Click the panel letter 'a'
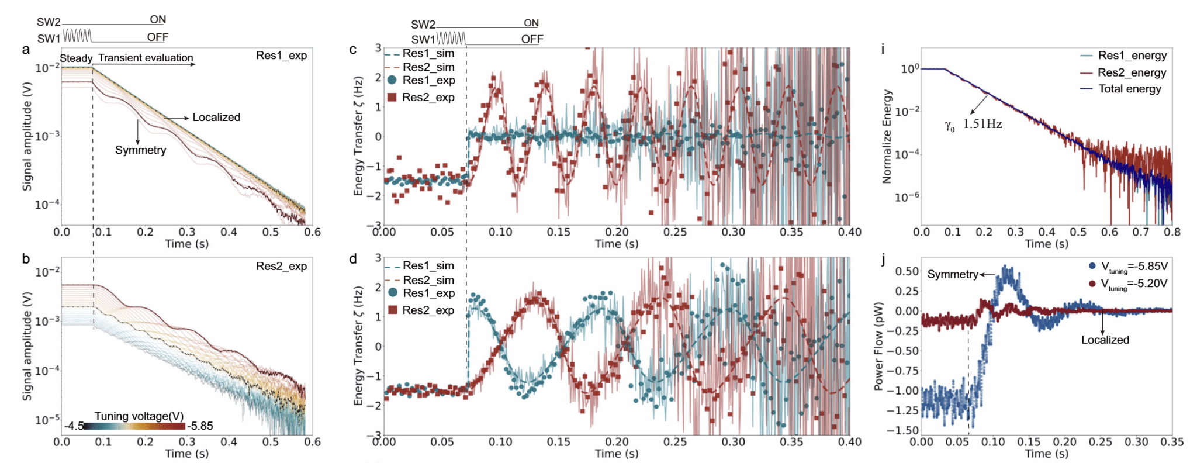pyautogui.click(x=26, y=50)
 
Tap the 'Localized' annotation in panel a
pyautogui.click(x=216, y=118)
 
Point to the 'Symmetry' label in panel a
pyautogui.click(x=140, y=150)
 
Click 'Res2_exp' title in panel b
pyautogui.click(x=281, y=266)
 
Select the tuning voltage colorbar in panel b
pyautogui.click(x=134, y=426)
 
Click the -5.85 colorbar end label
pyautogui.click(x=200, y=426)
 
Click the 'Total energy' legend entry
pyautogui.click(x=1129, y=89)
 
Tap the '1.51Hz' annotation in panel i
pyautogui.click(x=982, y=124)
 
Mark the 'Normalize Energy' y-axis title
pyautogui.click(x=887, y=136)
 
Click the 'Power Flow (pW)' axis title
pyautogui.click(x=878, y=346)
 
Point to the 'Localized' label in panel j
pyautogui.click(x=1105, y=340)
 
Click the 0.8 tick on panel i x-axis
pyautogui.click(x=1172, y=232)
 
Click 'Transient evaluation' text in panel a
pyautogui.click(x=146, y=58)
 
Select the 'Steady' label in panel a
pyautogui.click(x=76, y=58)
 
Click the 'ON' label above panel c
pyautogui.click(x=531, y=23)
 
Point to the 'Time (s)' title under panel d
pyautogui.click(x=616, y=454)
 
